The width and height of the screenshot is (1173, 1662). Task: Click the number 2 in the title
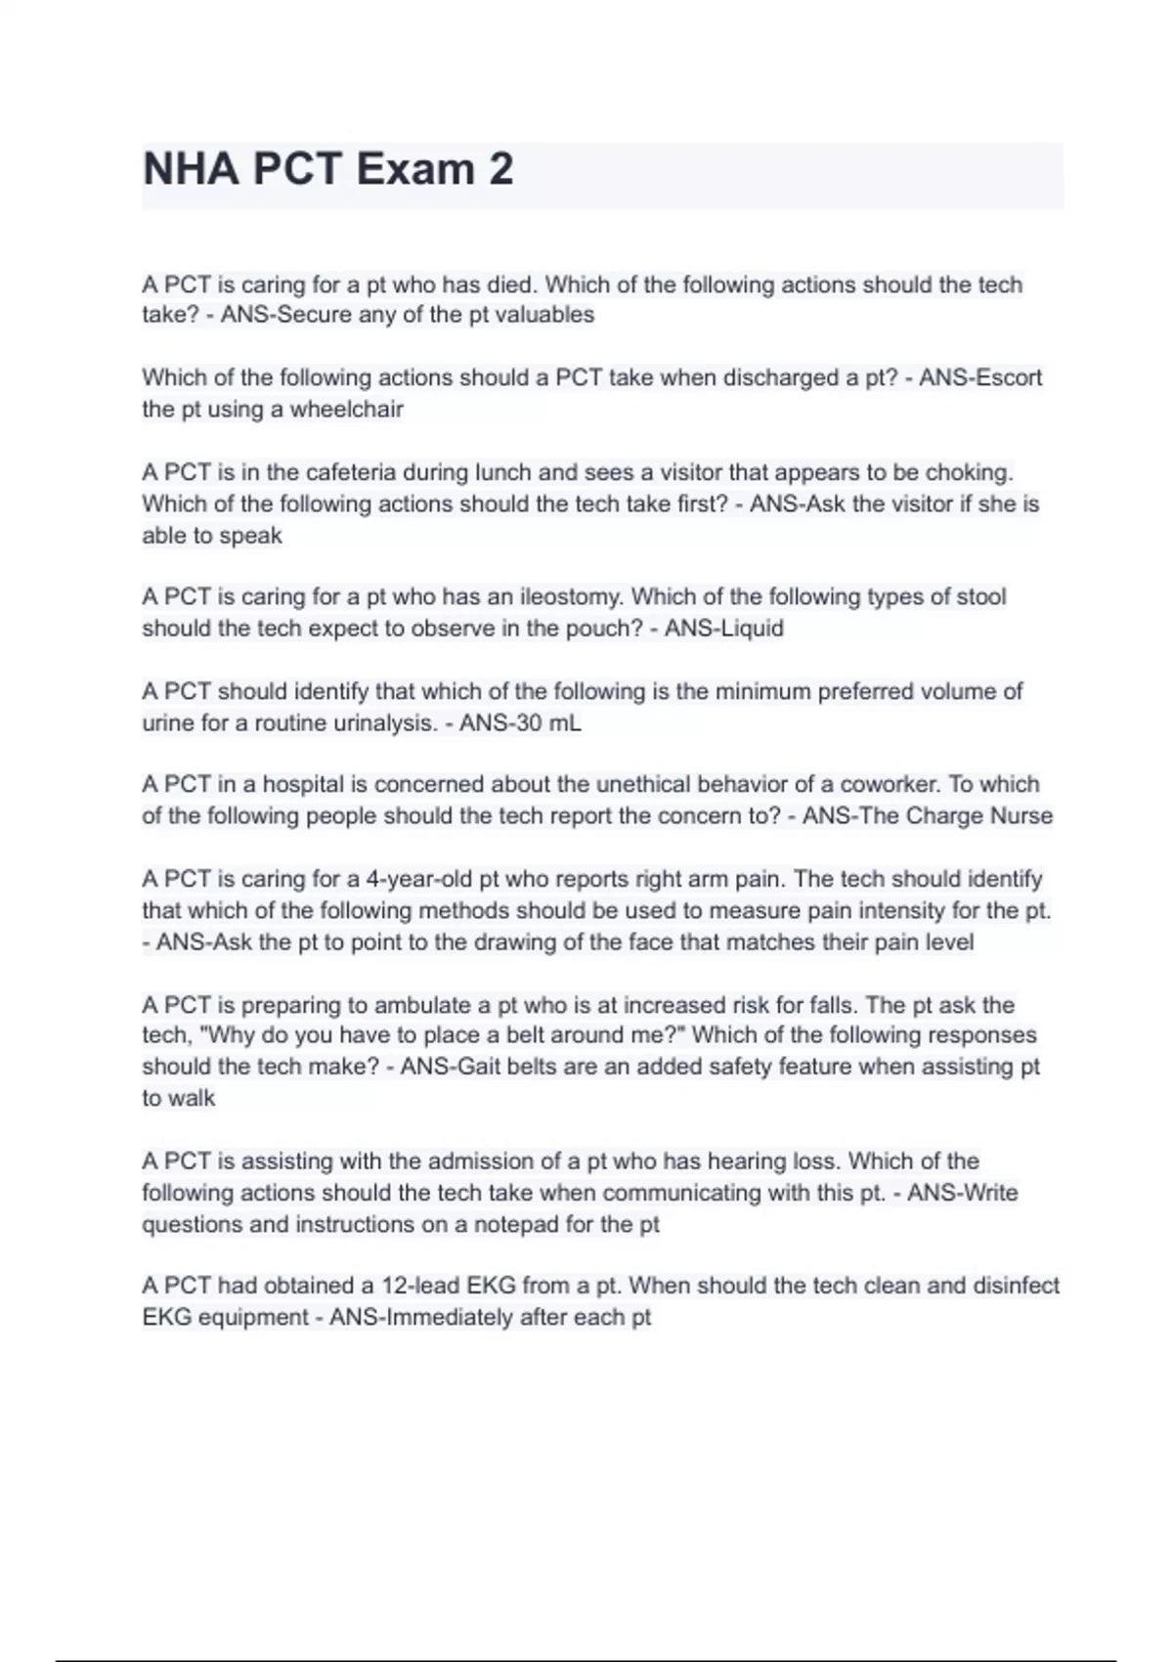500,169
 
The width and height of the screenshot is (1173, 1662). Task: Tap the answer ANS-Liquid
723,628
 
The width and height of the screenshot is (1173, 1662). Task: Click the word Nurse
1021,815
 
